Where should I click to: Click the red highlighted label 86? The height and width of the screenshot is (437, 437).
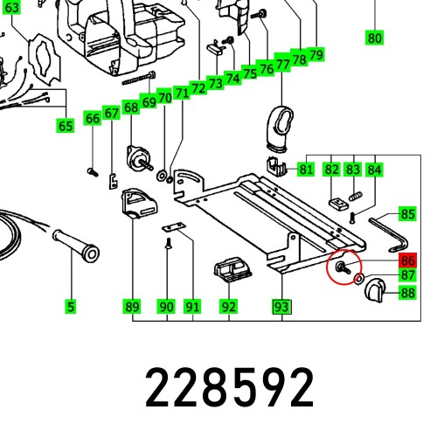pos(408,260)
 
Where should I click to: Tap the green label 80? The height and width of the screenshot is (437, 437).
pos(374,38)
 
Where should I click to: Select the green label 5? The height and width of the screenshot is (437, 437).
pos(70,307)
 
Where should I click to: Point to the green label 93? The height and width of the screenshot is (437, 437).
pos(281,307)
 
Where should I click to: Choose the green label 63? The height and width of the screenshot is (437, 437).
pos(10,8)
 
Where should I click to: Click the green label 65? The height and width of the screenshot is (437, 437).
pos(66,126)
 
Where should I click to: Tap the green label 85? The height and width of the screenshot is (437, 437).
pos(408,213)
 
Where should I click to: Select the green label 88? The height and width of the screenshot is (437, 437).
pos(408,294)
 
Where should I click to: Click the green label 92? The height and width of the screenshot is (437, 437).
pos(228,307)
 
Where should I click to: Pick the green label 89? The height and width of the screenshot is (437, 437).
pos(131,307)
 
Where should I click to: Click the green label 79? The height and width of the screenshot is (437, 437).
pos(316,55)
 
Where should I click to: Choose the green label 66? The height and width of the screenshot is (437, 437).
pos(93,118)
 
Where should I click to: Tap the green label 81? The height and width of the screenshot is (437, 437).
pos(306,169)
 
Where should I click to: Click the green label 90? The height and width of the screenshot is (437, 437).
pos(166,307)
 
